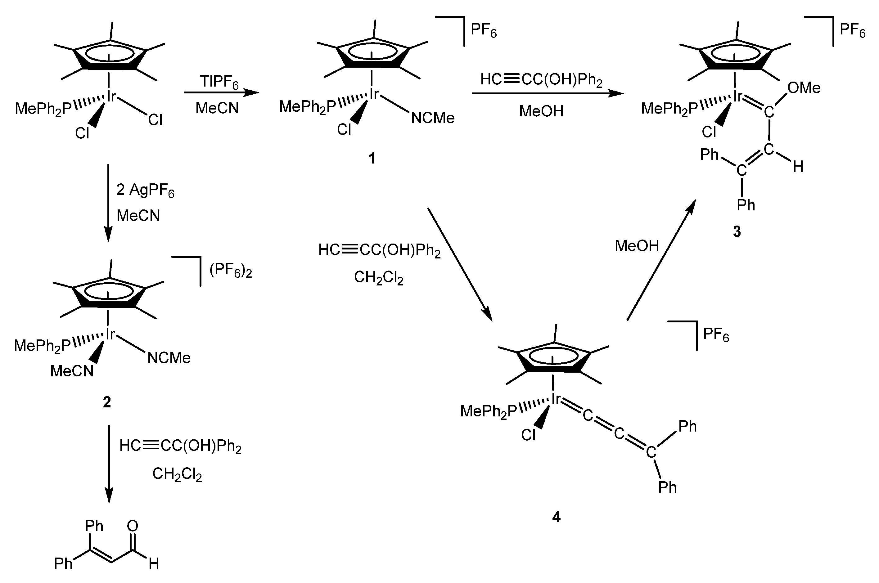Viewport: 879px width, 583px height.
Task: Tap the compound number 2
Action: tap(107, 402)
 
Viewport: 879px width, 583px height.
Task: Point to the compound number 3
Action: tap(737, 231)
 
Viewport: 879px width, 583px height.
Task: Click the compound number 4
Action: tap(556, 517)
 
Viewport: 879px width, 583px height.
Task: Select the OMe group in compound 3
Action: tap(804, 88)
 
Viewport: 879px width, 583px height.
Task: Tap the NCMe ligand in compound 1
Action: tap(433, 118)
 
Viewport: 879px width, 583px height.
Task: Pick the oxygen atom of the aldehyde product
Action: tap(132, 526)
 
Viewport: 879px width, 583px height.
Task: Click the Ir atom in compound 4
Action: tap(556, 399)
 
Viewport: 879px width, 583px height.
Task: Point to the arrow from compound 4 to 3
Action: tap(661, 260)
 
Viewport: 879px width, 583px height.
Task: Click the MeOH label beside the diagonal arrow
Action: tap(637, 246)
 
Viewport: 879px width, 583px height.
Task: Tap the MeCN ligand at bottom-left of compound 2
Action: tap(72, 371)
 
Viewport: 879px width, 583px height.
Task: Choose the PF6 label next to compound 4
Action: tap(716, 335)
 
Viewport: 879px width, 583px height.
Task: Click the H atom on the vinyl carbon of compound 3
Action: tap(798, 167)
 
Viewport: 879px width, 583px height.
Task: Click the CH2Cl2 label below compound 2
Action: tap(177, 474)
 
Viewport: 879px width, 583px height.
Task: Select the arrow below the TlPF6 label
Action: tap(221, 92)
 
